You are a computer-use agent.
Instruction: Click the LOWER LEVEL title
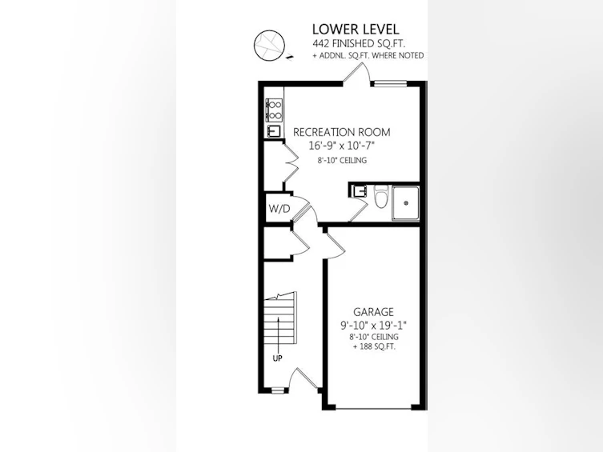point(356,29)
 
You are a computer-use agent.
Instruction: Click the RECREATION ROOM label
point(341,132)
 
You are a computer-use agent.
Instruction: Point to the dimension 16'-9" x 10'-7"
point(341,146)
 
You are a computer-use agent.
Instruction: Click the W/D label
point(279,209)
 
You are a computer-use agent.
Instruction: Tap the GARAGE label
point(373,312)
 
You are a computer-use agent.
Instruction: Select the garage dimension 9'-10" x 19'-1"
point(373,326)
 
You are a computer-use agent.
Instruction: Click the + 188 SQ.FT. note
point(374,346)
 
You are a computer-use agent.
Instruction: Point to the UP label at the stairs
point(277,358)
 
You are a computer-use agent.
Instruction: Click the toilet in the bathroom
point(381,196)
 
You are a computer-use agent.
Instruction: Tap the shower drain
point(406,203)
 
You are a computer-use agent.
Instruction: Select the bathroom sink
point(360,191)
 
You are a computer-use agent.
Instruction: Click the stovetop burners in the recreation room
point(275,110)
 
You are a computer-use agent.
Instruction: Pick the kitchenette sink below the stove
point(274,131)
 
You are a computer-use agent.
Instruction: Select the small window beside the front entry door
point(277,391)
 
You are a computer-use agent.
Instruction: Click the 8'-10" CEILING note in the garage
point(374,337)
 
